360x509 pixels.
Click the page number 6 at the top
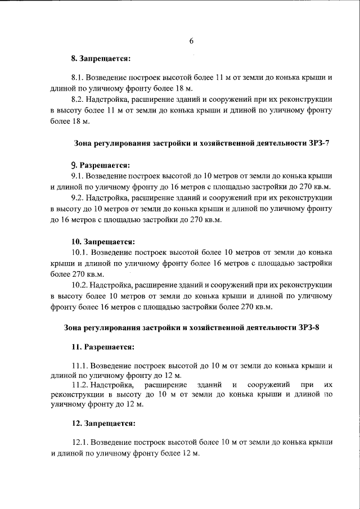coord(191,41)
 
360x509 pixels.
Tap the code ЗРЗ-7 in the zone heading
coord(317,143)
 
